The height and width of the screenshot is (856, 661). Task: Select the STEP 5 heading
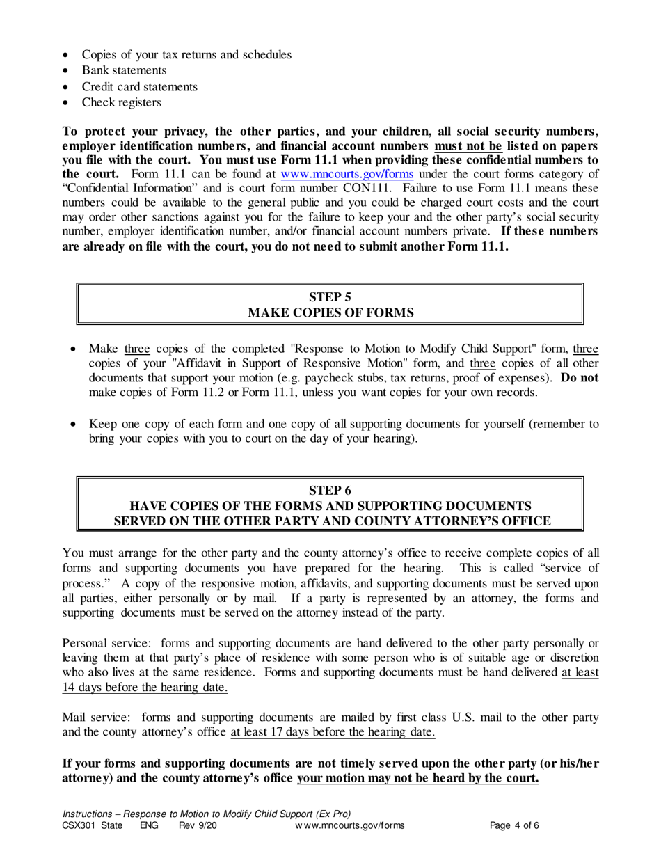pos(330,297)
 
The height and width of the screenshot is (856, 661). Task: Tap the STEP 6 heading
pos(330,490)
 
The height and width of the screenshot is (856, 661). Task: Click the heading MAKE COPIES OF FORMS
pos(330,313)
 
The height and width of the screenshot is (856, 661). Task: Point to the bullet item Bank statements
pos(124,70)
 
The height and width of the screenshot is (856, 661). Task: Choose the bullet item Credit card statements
pos(139,87)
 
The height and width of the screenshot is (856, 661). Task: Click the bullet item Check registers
pos(121,103)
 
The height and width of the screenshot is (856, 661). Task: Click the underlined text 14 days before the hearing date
pos(145,688)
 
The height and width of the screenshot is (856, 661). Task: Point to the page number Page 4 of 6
pos(515,826)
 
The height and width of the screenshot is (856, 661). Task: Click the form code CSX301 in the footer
pos(77,826)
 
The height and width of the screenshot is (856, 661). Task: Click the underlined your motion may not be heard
pos(417,778)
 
